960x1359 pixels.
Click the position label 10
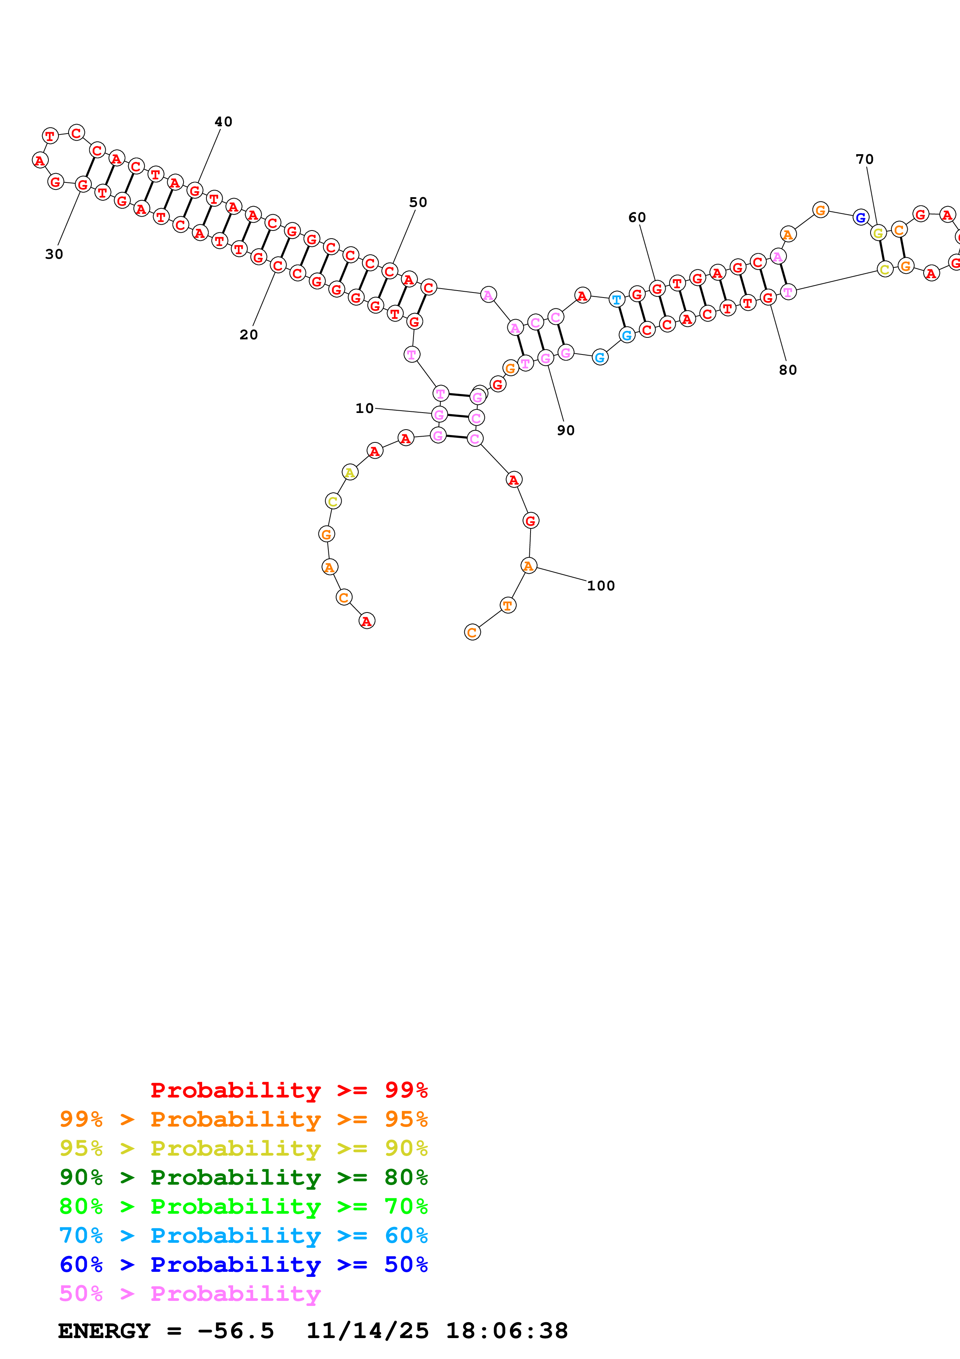tap(364, 408)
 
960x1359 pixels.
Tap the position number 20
tap(249, 335)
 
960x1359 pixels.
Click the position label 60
tap(637, 218)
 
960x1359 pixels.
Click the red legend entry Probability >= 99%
tap(289, 1090)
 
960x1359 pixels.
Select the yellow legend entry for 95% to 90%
tap(243, 1148)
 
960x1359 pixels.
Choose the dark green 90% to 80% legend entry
tap(243, 1177)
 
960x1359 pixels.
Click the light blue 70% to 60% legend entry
tap(243, 1235)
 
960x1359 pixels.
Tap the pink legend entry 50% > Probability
tap(190, 1293)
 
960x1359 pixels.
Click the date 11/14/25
tap(368, 1331)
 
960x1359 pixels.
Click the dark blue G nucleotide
tap(860, 218)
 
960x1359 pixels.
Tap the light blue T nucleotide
tap(617, 299)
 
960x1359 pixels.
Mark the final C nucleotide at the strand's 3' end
tap(472, 633)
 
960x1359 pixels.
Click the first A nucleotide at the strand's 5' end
tap(367, 621)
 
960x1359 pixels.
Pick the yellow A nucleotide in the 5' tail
tap(350, 472)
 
